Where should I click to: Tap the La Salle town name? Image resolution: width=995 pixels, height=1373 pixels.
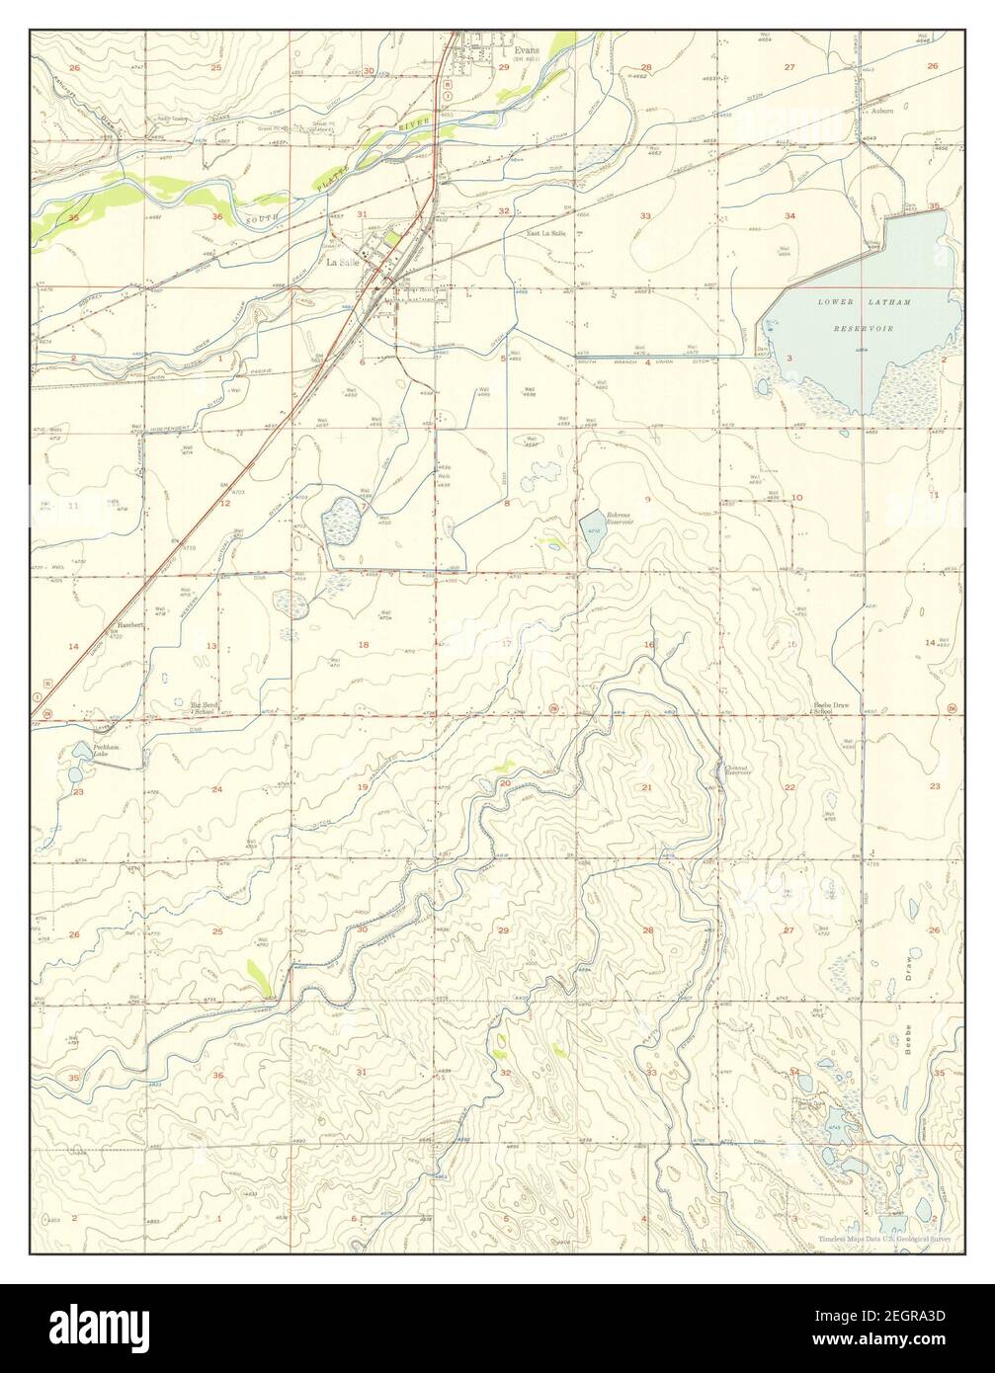pyautogui.click(x=343, y=264)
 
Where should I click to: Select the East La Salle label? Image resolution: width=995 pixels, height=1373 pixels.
pyautogui.click(x=546, y=233)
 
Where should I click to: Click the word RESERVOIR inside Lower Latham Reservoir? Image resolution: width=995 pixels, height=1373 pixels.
pyautogui.click(x=857, y=327)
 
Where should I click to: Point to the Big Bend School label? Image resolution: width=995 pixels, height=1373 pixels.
pyautogui.click(x=203, y=707)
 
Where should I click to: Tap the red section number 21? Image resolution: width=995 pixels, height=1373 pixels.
pyautogui.click(x=647, y=786)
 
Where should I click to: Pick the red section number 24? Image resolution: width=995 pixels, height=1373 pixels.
pyautogui.click(x=216, y=789)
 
